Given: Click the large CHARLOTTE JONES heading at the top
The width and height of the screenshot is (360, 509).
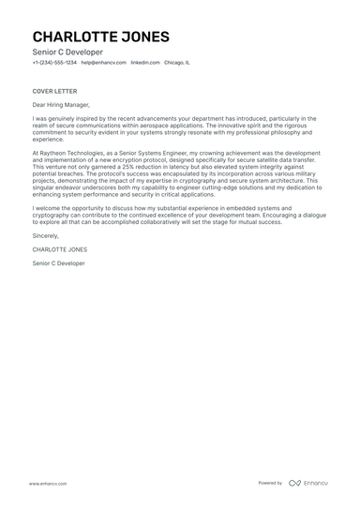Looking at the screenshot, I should coord(101,37).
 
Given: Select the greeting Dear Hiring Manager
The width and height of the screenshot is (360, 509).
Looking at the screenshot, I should coord(63,107).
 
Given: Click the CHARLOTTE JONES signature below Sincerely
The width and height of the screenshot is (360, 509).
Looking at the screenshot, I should coord(59,251).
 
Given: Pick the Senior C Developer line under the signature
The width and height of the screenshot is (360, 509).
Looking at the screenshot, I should coord(58,263).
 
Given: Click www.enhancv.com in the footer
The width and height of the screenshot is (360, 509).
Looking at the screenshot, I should coord(46,483).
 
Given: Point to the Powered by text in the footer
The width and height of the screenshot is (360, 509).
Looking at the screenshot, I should coord(270,483).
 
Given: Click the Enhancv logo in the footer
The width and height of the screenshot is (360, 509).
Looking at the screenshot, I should coord(308,483).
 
